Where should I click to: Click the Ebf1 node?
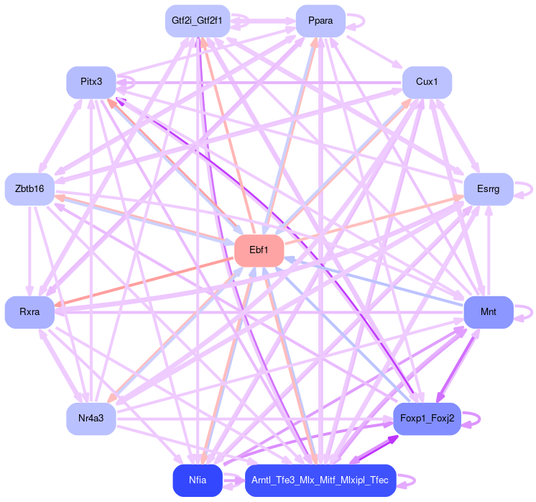pos(259,250)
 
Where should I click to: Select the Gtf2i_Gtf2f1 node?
pos(197,21)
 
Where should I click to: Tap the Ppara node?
pos(320,21)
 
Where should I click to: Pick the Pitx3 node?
pos(91,82)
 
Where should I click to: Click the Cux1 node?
pos(427,82)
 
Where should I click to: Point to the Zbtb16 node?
pos(29,189)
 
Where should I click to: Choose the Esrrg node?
pos(488,189)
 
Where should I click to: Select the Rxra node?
pos(29,312)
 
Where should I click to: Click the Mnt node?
pos(488,312)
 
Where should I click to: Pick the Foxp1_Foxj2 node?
pos(427,419)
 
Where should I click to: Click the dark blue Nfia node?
pos(197,480)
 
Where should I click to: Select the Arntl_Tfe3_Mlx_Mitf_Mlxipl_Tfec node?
pos(320,480)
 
